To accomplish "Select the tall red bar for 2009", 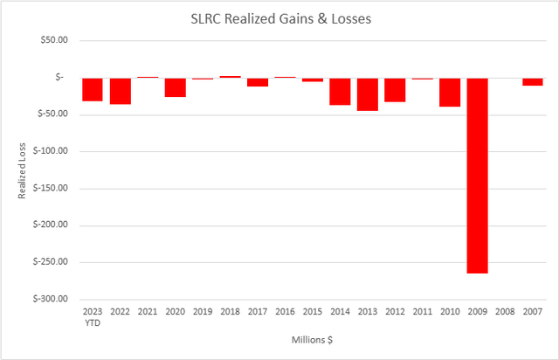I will click(477, 175).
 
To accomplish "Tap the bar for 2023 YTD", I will click(93, 89).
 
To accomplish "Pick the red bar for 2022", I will click(120, 91).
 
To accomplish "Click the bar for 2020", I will click(175, 87).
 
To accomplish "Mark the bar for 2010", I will click(450, 92).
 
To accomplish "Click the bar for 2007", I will click(532, 81).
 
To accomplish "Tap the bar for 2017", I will click(257, 81).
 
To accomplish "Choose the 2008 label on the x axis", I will click(505, 311).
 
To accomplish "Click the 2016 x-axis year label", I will click(285, 311).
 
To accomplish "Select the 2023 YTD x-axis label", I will click(92, 315).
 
